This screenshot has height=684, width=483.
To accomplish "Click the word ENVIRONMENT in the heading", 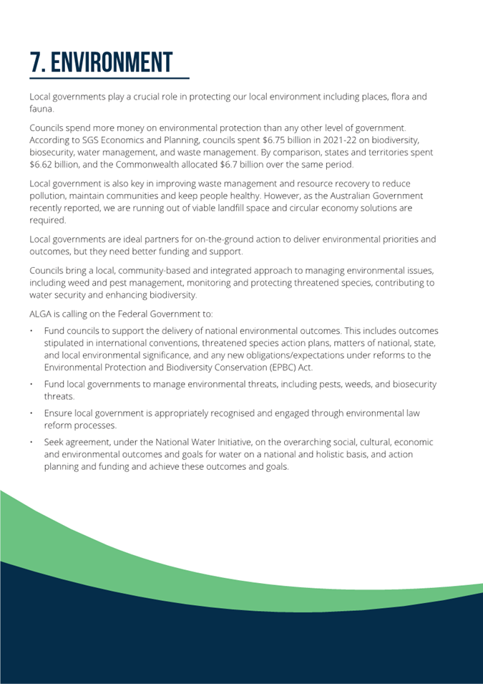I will tap(112, 63).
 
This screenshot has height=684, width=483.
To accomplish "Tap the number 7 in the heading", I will tap(36, 63).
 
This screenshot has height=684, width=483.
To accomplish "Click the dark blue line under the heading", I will tap(109, 77).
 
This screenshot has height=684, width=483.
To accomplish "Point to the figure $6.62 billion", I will tap(53, 164).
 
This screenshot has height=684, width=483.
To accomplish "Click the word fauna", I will tap(41, 109).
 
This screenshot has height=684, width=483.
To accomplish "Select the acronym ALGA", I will tap(42, 313).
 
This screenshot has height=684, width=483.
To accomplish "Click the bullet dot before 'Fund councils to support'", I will tap(32, 331).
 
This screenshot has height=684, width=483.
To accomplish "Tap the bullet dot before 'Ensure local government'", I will tap(32, 413).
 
